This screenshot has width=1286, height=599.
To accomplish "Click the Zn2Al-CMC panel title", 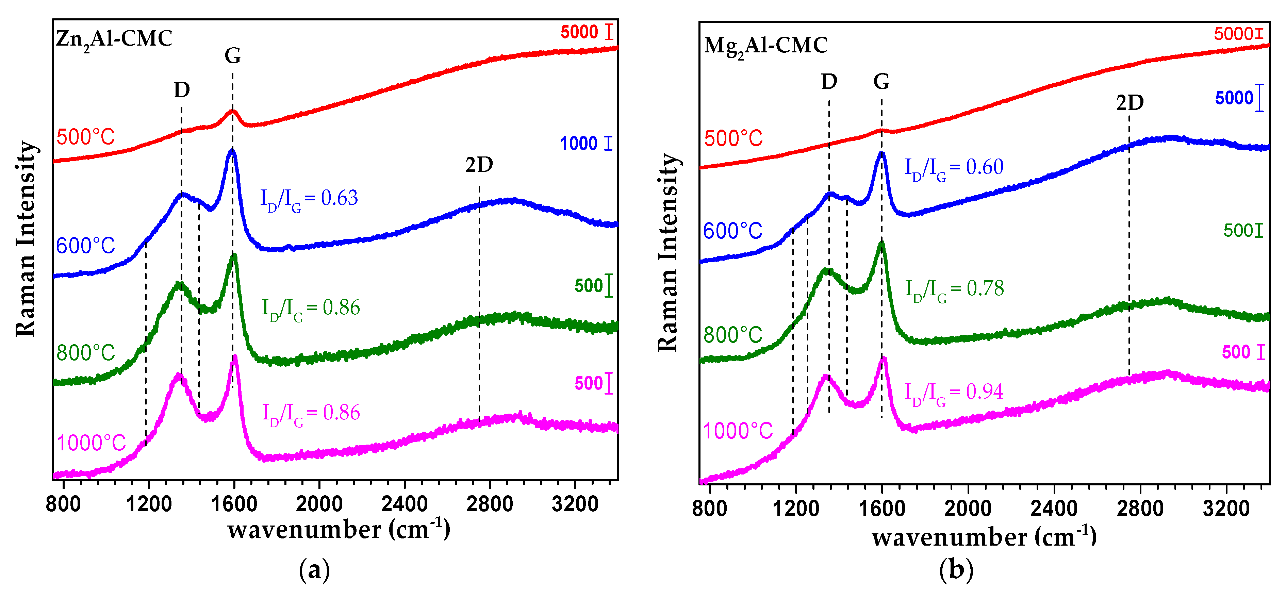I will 114,39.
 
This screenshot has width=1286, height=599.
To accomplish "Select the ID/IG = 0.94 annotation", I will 954,392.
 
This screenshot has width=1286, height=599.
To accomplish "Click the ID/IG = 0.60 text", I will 954,168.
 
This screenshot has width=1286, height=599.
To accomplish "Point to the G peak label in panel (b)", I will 881,81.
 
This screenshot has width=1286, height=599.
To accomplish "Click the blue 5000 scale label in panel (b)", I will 1234,98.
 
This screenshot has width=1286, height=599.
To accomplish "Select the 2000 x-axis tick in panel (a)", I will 319,504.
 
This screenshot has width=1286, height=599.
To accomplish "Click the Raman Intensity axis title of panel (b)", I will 668,252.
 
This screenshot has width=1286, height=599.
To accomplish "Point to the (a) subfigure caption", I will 314,569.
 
